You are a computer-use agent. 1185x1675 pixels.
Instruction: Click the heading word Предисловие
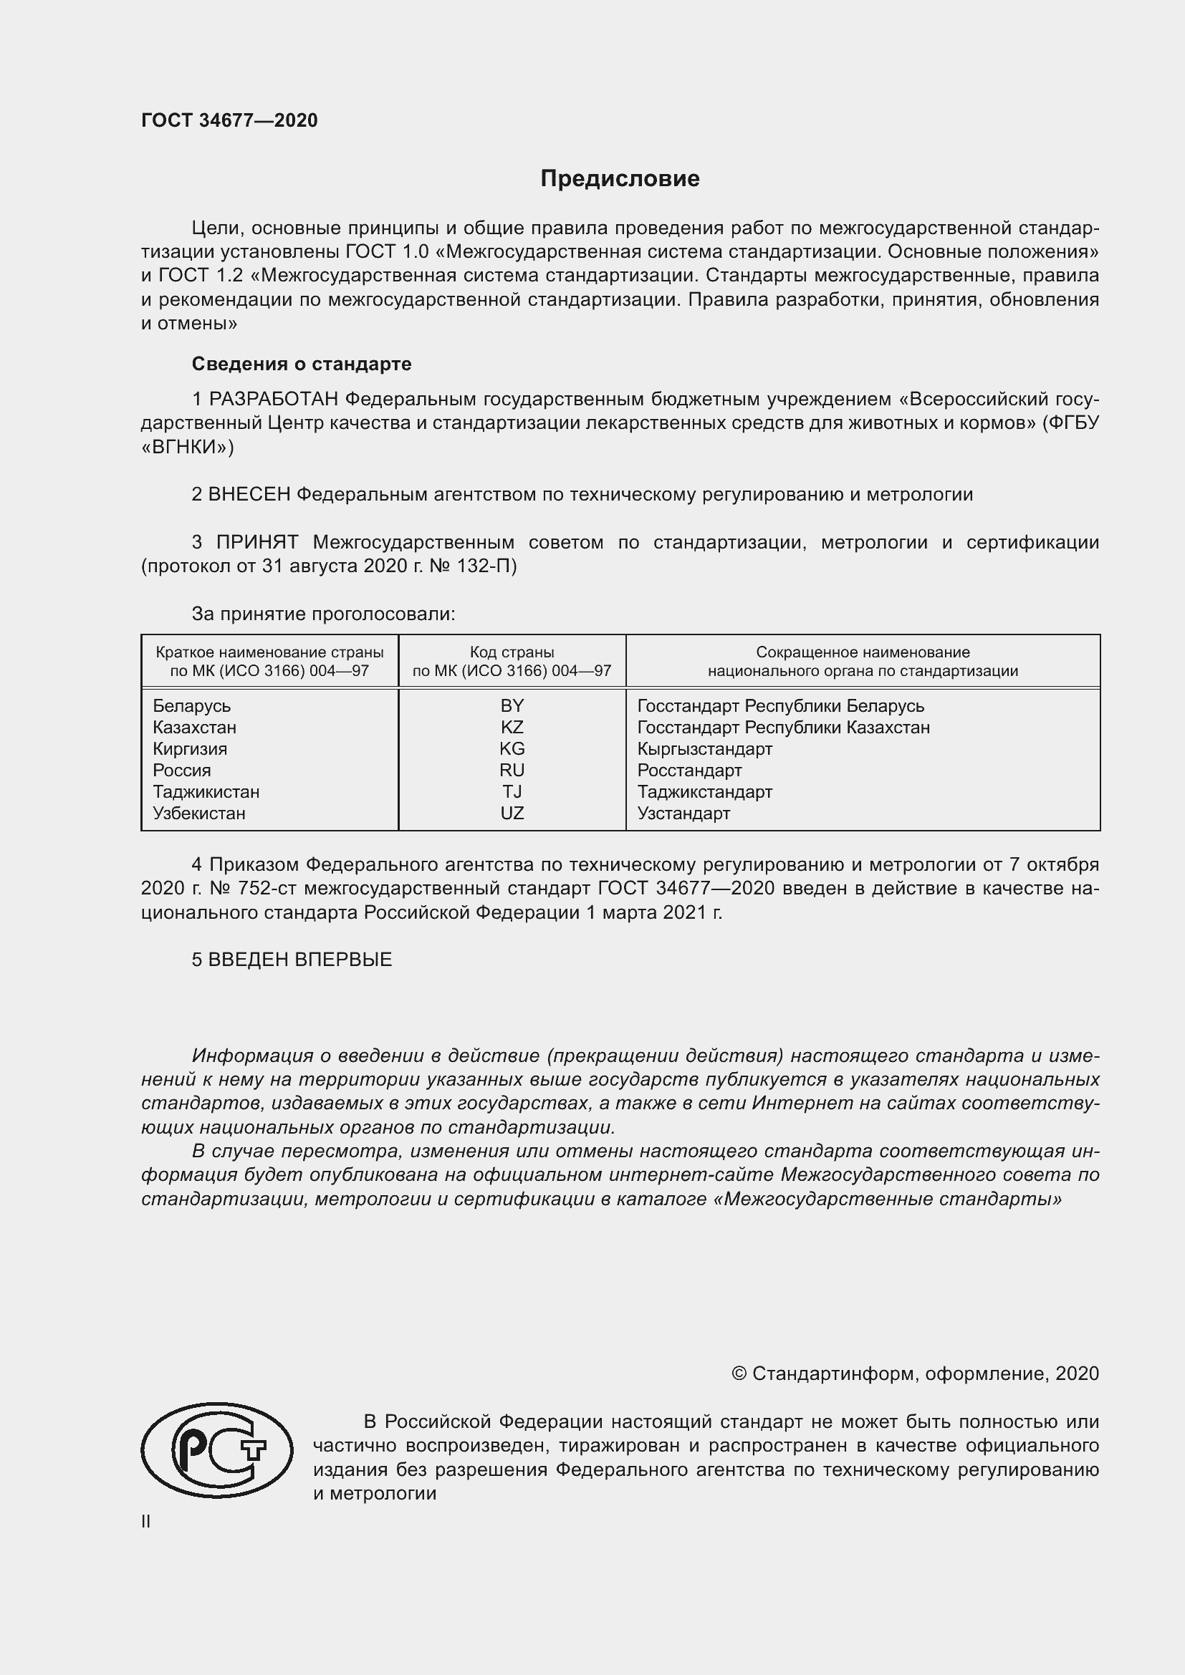tap(620, 179)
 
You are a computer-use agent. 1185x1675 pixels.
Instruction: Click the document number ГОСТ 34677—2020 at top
tap(229, 120)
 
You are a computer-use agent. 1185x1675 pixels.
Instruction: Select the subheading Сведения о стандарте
tap(302, 364)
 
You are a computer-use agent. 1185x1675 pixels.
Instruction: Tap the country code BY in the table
tap(512, 705)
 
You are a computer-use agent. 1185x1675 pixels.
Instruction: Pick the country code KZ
tap(512, 728)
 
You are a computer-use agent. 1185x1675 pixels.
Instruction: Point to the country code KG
tap(512, 748)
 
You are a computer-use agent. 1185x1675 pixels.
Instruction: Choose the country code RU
tap(512, 771)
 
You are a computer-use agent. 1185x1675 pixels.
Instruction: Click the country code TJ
tap(512, 791)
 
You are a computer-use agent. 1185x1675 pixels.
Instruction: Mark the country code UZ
tap(512, 814)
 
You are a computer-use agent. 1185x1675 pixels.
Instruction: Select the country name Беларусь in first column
tap(192, 705)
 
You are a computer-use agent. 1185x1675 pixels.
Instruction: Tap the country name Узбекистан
tap(199, 814)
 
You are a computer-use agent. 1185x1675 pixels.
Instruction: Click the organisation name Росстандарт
tap(689, 771)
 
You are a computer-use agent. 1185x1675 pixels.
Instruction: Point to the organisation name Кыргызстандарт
tap(705, 748)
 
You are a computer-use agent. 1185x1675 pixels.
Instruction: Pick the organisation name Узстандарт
tap(683, 814)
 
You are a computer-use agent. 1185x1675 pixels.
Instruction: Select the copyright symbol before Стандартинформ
tap(739, 1374)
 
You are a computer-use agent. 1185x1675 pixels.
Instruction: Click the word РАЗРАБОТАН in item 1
tap(274, 399)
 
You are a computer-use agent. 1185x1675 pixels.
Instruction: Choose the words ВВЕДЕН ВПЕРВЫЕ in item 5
tap(300, 960)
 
